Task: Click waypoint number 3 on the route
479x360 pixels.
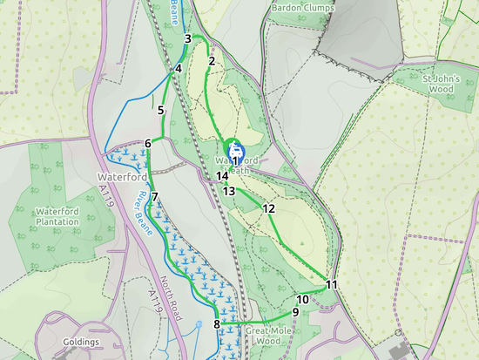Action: point(188,37)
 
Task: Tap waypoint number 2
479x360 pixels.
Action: point(212,60)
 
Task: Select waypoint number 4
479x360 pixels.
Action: point(178,69)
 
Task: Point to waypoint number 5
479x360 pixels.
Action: point(161,110)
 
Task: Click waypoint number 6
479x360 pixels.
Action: point(149,143)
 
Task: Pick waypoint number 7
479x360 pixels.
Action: point(154,197)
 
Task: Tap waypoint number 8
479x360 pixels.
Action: point(217,324)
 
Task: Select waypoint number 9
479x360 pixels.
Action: point(295,312)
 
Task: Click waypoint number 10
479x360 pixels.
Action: point(301,299)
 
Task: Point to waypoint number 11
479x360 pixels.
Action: point(331,284)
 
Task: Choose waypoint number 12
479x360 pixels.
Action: point(268,208)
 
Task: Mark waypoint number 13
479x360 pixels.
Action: point(229,191)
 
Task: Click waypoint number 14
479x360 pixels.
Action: point(223,176)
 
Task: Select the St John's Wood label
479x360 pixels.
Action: point(439,83)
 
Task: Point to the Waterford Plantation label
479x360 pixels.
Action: point(57,216)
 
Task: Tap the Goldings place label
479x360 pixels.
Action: point(80,343)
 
